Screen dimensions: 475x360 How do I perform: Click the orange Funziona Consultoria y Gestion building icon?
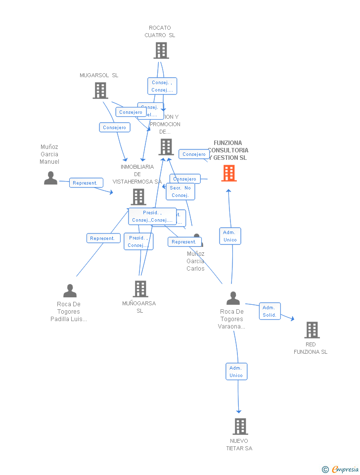228,173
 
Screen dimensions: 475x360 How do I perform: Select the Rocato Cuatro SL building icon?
161,50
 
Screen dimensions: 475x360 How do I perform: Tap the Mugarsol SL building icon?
100,91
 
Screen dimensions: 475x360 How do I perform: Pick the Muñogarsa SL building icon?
140,289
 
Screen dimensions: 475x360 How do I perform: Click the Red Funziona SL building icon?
312,330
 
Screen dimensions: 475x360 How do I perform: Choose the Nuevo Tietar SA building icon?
240,426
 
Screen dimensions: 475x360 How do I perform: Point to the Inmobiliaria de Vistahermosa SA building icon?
138,196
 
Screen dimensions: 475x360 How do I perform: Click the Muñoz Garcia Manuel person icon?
50,178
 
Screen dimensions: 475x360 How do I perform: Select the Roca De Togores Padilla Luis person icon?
70,291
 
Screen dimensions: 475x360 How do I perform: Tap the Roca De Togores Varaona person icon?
233,298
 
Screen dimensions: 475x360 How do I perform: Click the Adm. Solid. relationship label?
270,311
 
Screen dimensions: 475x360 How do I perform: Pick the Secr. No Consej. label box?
180,191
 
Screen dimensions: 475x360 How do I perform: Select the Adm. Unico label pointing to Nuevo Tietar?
236,372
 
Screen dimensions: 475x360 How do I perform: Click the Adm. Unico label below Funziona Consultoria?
230,236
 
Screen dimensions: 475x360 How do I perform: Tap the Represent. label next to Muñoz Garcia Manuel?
86,183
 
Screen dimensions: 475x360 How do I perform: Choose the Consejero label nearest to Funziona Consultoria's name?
194,154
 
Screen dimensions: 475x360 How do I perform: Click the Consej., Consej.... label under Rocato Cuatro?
162,86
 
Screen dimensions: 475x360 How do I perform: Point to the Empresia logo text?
345,469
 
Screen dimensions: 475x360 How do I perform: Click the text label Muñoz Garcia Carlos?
195,261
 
